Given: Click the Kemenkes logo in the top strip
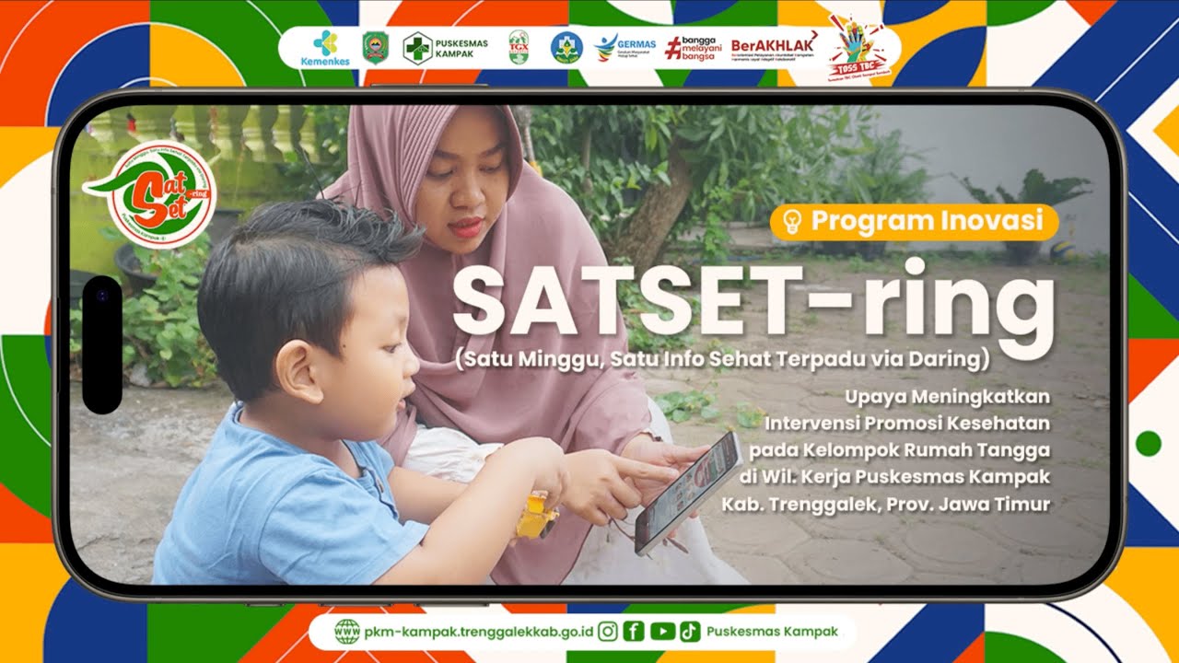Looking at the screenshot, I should pos(324,47).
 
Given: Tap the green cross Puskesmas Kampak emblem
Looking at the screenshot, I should pos(417,48).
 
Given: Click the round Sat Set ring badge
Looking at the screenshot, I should pos(161,194).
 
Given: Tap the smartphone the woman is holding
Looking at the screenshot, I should pos(689,491).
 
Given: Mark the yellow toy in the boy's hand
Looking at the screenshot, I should pos(536,516).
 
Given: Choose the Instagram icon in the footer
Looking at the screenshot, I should pos(608,632).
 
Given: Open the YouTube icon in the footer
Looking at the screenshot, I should pos(661,632).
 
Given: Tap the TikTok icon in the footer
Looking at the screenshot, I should pos(689,632).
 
